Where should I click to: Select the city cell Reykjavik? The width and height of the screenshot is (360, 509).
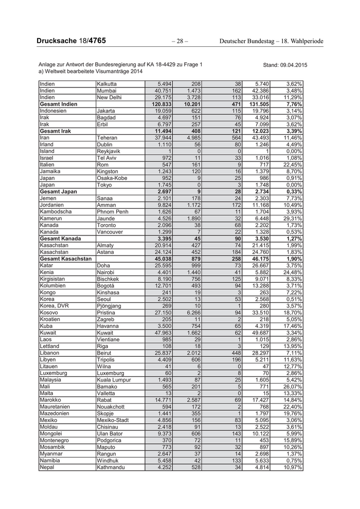coord(110,151)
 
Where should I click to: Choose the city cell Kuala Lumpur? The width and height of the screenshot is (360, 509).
coord(114,380)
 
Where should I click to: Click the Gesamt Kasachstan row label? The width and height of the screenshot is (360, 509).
coord(65,259)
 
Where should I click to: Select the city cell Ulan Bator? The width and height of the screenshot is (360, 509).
coord(110,434)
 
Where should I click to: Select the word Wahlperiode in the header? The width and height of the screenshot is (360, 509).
coord(300,41)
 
